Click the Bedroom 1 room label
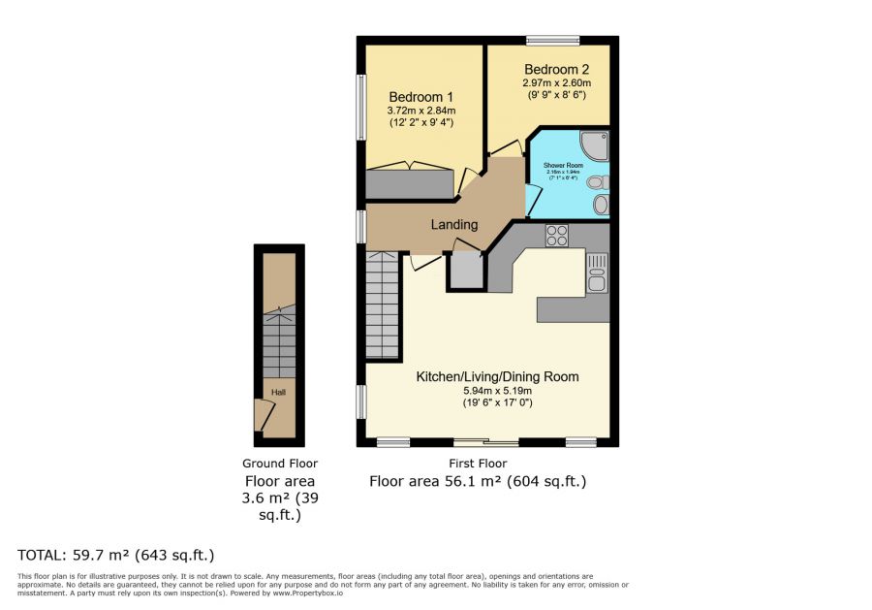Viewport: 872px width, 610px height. coord(420,97)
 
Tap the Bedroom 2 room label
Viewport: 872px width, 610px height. coord(556,70)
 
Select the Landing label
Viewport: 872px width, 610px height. coord(454,225)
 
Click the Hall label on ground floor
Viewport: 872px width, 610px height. coord(278,392)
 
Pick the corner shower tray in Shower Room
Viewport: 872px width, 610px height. coord(595,144)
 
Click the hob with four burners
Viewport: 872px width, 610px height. coord(557,235)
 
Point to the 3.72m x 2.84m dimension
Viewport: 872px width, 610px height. coord(420,112)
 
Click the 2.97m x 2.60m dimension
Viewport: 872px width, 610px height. coord(556,83)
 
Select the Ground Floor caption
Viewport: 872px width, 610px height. coord(280,464)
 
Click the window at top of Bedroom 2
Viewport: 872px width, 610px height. coord(552,40)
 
